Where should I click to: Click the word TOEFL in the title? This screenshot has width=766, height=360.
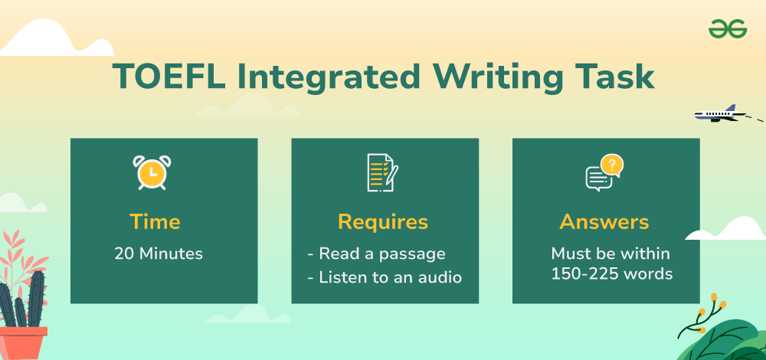pos(169,77)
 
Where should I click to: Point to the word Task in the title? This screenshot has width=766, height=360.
pos(614,77)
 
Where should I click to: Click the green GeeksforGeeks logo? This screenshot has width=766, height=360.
pos(728,29)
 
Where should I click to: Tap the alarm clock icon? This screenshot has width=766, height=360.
pos(152,172)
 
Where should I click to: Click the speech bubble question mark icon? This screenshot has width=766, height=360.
pos(604,172)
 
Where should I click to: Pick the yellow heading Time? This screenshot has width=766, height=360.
pos(155,222)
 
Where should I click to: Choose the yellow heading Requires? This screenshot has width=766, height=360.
pos(383,223)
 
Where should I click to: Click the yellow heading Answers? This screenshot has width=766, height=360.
pos(604,222)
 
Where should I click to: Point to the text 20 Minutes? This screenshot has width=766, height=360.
pos(159,254)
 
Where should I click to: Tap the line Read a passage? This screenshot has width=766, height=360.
pos(376,254)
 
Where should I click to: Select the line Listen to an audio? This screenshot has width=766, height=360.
pos(385,277)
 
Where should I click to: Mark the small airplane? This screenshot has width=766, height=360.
pos(720,114)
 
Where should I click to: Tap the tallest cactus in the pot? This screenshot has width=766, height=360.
pos(36,299)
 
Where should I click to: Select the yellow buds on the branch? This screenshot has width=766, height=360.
pos(709,306)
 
